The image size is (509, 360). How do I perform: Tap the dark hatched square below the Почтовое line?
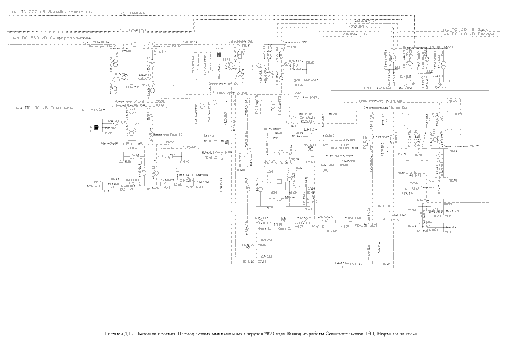tap(96, 128)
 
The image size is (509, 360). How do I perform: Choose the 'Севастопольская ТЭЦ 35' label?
tap(460, 146)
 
